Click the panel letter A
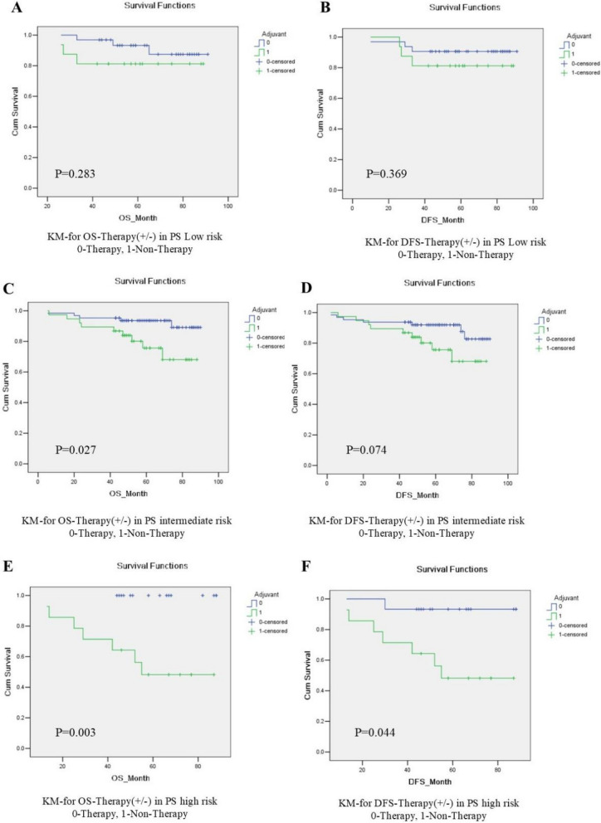click(x=17, y=8)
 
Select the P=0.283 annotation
click(x=75, y=173)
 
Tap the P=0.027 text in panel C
click(x=76, y=450)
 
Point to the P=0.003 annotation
click(x=76, y=733)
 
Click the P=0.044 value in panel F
click(x=374, y=733)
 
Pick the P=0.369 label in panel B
click(x=386, y=173)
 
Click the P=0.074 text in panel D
click(x=366, y=450)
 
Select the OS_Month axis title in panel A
click(x=137, y=218)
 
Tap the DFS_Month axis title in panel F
click(x=430, y=782)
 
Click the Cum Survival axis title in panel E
click(x=7, y=672)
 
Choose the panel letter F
click(x=307, y=567)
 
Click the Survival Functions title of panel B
click(x=464, y=7)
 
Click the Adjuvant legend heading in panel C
click(x=264, y=310)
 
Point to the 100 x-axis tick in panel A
click(x=228, y=207)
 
